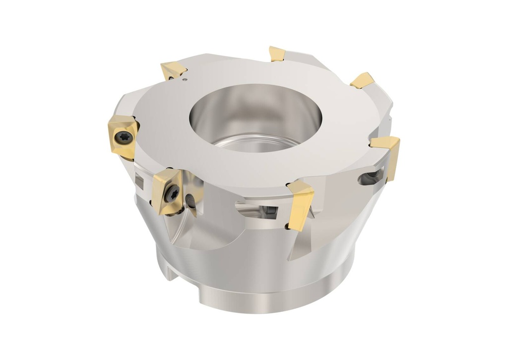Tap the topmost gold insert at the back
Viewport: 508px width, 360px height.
[x=277, y=54]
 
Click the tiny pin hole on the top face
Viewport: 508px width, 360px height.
[x=184, y=78]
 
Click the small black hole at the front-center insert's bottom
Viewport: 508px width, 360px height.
[x=287, y=227]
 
